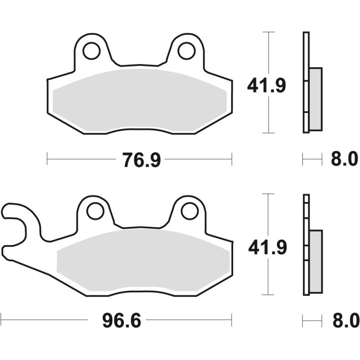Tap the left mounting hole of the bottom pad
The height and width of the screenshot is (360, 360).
coord(94,211)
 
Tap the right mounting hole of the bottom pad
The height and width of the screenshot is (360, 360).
coord(189,211)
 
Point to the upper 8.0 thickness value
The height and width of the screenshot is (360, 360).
coord(344,160)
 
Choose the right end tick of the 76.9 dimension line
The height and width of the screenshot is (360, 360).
coord(232,160)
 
